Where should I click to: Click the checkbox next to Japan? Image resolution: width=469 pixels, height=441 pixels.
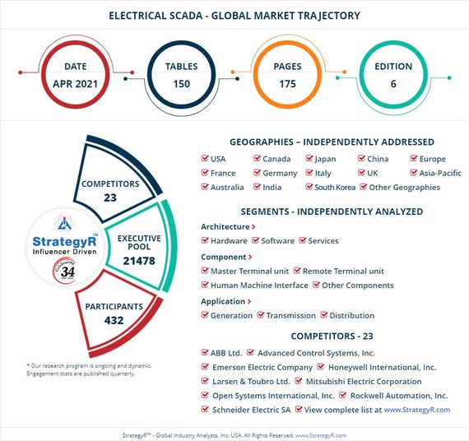click(309, 159)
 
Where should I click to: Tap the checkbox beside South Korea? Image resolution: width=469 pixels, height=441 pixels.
click(309, 187)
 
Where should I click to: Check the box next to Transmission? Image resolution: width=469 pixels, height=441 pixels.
click(261, 315)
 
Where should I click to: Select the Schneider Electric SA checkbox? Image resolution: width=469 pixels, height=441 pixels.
click(205, 410)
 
